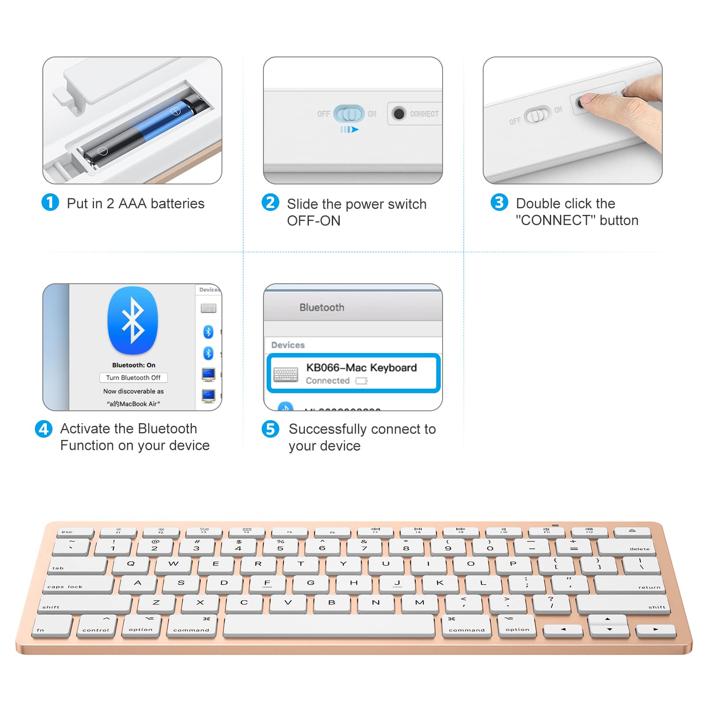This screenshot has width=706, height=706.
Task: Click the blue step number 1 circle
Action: pyautogui.click(x=50, y=203)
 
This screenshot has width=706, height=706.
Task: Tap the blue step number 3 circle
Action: pyautogui.click(x=499, y=203)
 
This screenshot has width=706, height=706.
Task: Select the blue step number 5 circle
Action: pyautogui.click(x=270, y=429)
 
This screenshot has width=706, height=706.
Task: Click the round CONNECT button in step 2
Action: pyautogui.click(x=399, y=114)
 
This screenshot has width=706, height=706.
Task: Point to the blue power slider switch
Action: pyautogui.click(x=349, y=114)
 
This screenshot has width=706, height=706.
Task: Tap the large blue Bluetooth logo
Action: pyautogui.click(x=133, y=320)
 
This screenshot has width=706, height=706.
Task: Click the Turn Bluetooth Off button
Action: pyautogui.click(x=133, y=378)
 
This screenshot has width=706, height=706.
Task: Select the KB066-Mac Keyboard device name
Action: pyautogui.click(x=361, y=368)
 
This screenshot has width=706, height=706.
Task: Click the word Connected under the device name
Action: pyautogui.click(x=328, y=381)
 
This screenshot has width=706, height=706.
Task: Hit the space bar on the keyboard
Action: pyautogui.click(x=329, y=626)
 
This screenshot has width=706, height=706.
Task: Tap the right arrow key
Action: pyautogui.click(x=656, y=630)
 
